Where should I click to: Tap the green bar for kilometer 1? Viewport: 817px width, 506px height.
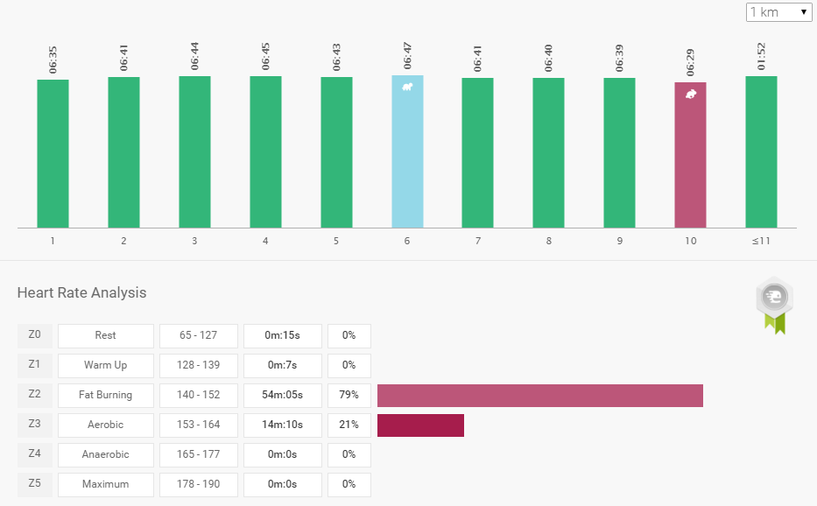pos(53,153)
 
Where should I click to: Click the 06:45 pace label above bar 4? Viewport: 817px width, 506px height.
pos(265,55)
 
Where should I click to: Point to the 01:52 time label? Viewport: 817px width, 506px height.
pos(761,55)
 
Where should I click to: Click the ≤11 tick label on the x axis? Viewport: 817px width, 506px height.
pos(761,241)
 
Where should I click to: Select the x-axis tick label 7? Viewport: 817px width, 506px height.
pos(478,241)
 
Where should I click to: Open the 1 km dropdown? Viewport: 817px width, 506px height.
pos(778,12)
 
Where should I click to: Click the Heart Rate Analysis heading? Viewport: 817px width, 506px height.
pos(81,292)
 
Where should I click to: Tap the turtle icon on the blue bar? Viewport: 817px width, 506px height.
pos(407,87)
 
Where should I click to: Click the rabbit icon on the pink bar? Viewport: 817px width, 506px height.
pos(691,94)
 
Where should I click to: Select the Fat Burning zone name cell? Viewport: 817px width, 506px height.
pos(105,395)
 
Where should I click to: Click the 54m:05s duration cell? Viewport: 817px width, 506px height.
pos(283,395)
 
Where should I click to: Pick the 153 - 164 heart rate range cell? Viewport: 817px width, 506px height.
pos(198,425)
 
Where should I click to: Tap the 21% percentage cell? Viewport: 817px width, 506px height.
pos(349,425)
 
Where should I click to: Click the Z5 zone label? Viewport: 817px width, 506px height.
pos(35,484)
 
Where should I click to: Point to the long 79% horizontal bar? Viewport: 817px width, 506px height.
pos(539,395)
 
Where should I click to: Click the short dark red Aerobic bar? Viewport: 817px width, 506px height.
pos(420,425)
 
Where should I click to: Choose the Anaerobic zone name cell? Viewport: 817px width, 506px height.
pos(105,454)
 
